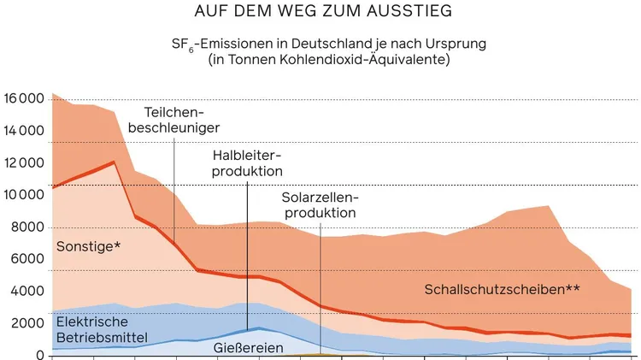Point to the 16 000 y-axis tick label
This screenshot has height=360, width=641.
23,98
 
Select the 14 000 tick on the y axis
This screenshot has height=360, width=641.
23,131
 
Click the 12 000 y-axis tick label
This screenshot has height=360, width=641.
23,163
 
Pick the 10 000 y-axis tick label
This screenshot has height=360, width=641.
23,195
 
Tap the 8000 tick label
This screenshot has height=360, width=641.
26,227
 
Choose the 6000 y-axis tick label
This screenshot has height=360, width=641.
26,259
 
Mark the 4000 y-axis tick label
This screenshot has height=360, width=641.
26,292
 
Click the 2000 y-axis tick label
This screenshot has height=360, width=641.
26,323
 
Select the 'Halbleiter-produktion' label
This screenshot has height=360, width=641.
248,163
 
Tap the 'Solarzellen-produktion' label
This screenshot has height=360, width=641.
320,204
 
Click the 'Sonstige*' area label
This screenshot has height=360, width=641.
88,247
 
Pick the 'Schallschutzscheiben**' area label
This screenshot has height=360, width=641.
503,289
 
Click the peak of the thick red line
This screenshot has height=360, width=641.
114,162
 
